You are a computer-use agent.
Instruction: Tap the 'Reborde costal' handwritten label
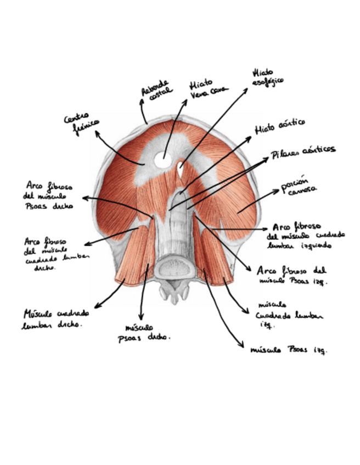pyautogui.click(x=156, y=92)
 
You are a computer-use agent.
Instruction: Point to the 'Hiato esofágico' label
pyautogui.click(x=267, y=77)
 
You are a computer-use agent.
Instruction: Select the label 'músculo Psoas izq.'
pyautogui.click(x=289, y=349)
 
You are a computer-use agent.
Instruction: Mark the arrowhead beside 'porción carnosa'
pyautogui.click(x=277, y=191)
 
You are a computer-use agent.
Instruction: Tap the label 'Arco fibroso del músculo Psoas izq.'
pyautogui.click(x=292, y=275)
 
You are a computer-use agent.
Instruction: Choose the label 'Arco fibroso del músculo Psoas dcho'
pyautogui.click(x=49, y=196)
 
